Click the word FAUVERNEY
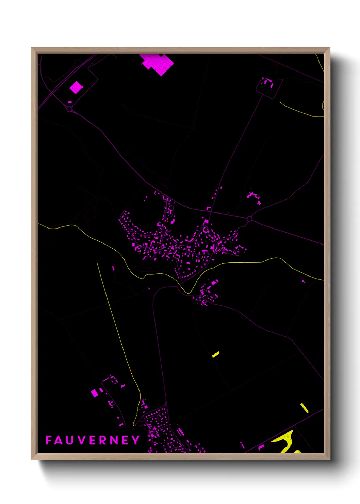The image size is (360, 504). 93,440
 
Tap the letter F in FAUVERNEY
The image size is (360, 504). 49,440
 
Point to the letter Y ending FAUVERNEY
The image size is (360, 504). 136,440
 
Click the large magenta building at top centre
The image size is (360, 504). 158,64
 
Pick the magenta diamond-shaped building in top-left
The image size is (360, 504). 76,88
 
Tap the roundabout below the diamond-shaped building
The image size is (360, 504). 69,109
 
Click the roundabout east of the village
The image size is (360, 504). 249,219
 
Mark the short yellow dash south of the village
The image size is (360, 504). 216,355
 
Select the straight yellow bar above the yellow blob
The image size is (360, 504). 304,408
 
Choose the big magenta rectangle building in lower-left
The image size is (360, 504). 94,393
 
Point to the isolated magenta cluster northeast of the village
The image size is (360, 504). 253,197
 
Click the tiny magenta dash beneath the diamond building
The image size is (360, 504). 70,102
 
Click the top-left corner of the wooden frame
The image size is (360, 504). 32,48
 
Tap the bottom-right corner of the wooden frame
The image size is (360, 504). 329,459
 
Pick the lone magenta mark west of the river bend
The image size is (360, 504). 113,268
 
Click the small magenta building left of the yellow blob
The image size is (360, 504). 261,447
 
